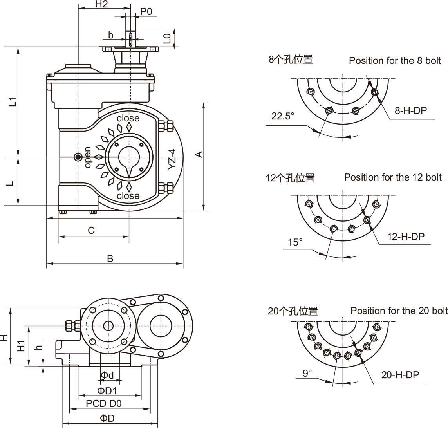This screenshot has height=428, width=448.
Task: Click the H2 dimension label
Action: [101, 4]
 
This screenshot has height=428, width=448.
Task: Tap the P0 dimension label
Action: [146, 11]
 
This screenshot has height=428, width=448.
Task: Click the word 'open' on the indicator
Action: [88, 157]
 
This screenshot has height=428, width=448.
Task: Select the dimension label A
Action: [199, 154]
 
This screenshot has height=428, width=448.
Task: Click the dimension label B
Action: [110, 258]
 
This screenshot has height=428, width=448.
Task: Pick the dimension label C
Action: [91, 230]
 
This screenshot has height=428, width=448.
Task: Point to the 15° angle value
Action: [295, 242]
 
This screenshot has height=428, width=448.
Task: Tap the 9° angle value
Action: [307, 373]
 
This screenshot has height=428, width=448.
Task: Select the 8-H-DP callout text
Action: [410, 110]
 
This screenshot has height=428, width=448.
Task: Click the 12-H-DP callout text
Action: [406, 236]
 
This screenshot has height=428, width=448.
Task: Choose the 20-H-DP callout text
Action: [400, 375]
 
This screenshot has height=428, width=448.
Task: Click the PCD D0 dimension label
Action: [104, 403]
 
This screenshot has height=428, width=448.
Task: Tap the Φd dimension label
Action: [107, 376]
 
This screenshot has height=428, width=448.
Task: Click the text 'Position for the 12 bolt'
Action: [393, 177]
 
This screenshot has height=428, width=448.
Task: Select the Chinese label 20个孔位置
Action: [293, 311]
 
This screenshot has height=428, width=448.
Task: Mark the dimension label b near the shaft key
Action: [111, 35]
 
